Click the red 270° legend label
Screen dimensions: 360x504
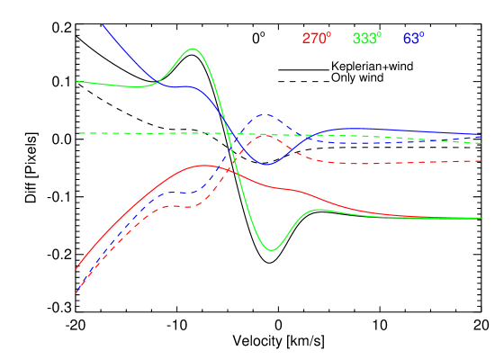316,39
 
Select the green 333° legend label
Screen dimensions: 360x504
366,39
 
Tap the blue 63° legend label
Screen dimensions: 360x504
413,39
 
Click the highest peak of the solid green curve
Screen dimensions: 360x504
193,49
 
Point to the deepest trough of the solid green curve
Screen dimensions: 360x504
273,249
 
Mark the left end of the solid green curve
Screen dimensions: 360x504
76,81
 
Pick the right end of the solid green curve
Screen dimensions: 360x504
481,218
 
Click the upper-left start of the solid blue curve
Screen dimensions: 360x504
103,25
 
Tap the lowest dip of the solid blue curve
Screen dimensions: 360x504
267,165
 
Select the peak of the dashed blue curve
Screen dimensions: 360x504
264,114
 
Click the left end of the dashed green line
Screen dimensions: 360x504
79,133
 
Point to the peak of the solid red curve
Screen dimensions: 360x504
202,166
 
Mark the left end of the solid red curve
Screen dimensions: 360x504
76,268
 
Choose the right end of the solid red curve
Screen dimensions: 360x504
430,217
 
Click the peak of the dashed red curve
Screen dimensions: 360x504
262,135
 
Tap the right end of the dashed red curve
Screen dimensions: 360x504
481,161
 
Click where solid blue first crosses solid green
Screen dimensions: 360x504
155,84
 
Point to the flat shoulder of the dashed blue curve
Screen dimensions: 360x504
184,193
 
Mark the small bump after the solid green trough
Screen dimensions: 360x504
317,210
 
